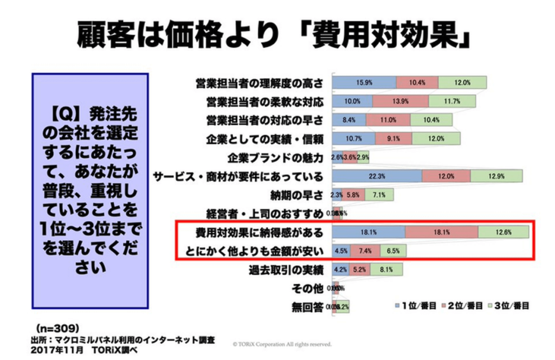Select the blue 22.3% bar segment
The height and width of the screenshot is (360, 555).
[377, 176]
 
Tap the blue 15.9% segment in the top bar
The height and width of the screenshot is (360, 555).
[364, 82]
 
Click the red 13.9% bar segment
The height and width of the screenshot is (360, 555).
[401, 101]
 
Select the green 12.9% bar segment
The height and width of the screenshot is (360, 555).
[496, 176]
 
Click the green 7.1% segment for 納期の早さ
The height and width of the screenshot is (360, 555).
[379, 195]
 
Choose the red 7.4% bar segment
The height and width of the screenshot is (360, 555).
[365, 251]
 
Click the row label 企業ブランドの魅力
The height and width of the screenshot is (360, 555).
[283, 158]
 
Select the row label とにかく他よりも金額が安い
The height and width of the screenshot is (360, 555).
[253, 251]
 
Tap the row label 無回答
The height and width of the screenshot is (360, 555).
[308, 307]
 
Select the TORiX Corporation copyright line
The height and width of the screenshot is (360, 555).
[282, 344]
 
